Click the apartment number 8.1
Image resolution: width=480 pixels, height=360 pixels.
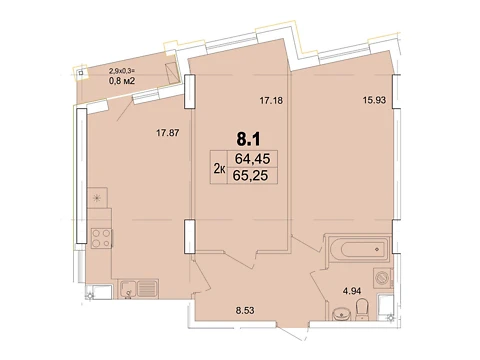(x=248, y=139)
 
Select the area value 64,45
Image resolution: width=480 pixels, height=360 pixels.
(x=252, y=159)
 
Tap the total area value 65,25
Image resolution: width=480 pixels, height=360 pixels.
(x=250, y=175)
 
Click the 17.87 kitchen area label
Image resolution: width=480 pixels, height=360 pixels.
(x=168, y=133)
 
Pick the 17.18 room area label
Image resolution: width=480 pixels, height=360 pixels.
(x=271, y=100)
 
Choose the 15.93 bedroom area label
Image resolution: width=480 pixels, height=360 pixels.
(x=374, y=100)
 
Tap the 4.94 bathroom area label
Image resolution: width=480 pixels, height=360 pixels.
(x=352, y=291)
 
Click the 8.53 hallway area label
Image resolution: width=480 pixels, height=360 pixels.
(x=245, y=311)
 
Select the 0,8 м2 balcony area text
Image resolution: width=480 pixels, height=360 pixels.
(x=122, y=80)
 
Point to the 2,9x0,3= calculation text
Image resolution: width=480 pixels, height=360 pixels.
(x=121, y=71)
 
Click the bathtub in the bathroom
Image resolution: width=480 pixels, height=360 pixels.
(x=358, y=249)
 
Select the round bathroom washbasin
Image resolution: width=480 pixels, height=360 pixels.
(x=341, y=314)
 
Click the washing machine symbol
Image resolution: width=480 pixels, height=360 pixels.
(x=382, y=277)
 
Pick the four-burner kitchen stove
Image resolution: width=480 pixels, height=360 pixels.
(x=101, y=238)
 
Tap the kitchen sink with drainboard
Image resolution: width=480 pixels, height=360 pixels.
(x=138, y=288)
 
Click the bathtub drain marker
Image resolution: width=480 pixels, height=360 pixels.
(x=377, y=249)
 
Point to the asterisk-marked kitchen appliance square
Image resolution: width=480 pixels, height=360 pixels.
(x=97, y=198)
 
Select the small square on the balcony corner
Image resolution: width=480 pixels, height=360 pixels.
(x=81, y=72)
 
